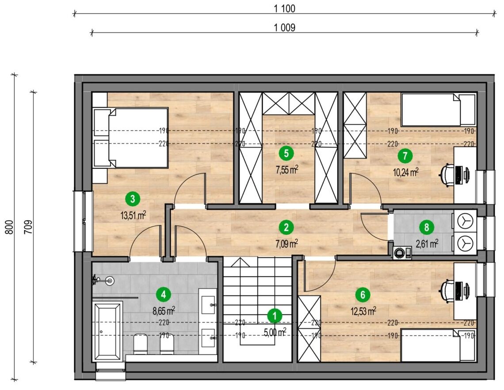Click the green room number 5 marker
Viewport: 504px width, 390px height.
(x=286, y=153)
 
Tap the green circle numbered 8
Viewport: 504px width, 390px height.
(x=427, y=227)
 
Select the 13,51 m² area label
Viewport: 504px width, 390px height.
(x=133, y=215)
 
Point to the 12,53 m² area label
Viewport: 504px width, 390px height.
(x=363, y=310)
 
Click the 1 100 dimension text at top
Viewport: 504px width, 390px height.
(x=284, y=9)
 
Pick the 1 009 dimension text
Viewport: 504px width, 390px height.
(x=284, y=28)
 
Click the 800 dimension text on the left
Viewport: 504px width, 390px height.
(x=10, y=227)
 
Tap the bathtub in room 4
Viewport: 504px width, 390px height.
(x=107, y=331)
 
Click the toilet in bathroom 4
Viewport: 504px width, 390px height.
(x=140, y=344)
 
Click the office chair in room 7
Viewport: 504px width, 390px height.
(x=448, y=174)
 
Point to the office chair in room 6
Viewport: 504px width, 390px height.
(x=448, y=291)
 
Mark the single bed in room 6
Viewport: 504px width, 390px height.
(x=439, y=345)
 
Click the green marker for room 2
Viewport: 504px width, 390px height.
(x=286, y=227)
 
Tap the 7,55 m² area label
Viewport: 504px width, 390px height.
(x=286, y=170)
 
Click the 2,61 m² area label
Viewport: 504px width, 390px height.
(x=427, y=244)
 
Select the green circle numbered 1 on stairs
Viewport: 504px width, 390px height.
(x=275, y=316)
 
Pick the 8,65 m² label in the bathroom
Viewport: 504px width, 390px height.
(x=164, y=310)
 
